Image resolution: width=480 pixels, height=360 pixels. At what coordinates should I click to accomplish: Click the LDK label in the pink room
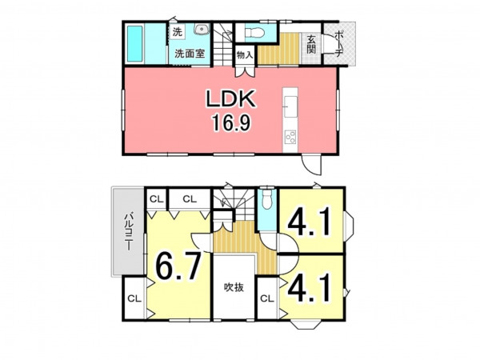pyautogui.click(x=231, y=98)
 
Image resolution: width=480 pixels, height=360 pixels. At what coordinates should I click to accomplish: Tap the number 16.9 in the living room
pyautogui.click(x=231, y=122)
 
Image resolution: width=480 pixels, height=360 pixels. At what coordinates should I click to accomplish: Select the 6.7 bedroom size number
pyautogui.click(x=178, y=266)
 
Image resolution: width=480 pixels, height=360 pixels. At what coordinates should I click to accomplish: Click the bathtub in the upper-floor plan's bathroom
pyautogui.click(x=134, y=43)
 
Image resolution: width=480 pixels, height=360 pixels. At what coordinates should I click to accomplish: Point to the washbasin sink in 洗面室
pyautogui.click(x=202, y=30)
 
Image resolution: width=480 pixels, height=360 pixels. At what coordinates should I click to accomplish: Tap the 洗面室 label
pyautogui.click(x=190, y=54)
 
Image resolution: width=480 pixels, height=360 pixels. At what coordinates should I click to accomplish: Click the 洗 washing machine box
pyautogui.click(x=178, y=32)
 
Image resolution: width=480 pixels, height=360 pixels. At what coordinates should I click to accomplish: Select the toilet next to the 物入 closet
pyautogui.click(x=254, y=32)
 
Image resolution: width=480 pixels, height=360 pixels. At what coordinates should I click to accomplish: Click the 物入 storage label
pyautogui.click(x=245, y=55)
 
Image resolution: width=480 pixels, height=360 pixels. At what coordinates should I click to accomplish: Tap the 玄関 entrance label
pyautogui.click(x=311, y=44)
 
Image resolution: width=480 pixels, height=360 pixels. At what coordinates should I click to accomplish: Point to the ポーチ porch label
pyautogui.click(x=338, y=44)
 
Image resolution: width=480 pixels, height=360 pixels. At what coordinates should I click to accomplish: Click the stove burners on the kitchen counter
pyautogui.click(x=290, y=137)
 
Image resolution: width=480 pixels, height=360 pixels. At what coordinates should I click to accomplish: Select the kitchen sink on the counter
pyautogui.click(x=290, y=106)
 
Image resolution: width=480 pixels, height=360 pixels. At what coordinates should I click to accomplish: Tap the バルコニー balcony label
pyautogui.click(x=128, y=231)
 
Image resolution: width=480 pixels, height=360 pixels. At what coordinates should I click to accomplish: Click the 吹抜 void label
pyautogui.click(x=234, y=287)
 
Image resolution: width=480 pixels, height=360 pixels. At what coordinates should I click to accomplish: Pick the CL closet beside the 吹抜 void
pyautogui.click(x=267, y=298)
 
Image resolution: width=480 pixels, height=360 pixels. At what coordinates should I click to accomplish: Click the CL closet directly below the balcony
pyautogui.click(x=134, y=298)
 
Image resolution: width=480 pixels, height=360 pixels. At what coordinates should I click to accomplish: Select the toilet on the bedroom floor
pyautogui.click(x=267, y=199)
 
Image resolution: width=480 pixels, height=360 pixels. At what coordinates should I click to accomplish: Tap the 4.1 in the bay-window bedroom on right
pyautogui.click(x=309, y=222)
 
